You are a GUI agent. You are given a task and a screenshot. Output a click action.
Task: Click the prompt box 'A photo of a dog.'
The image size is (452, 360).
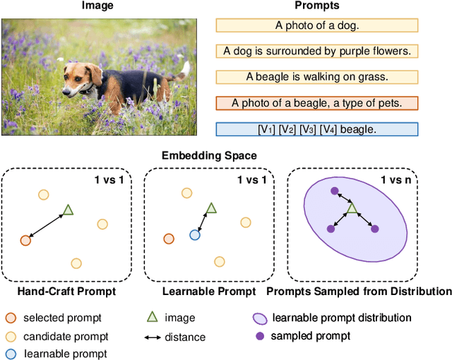pyautogui.click(x=316, y=25)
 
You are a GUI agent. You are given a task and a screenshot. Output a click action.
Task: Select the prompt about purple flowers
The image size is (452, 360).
pyautogui.click(x=316, y=51)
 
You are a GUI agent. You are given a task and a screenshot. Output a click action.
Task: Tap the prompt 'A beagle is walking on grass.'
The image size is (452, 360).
pyautogui.click(x=316, y=76)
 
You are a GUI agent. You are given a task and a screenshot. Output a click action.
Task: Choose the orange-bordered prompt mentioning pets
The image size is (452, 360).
pyautogui.click(x=316, y=103)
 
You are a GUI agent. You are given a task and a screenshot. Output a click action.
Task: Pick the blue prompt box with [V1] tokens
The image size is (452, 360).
pyautogui.click(x=316, y=129)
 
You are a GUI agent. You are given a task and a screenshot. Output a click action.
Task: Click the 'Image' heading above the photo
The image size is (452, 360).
pyautogui.click(x=97, y=6)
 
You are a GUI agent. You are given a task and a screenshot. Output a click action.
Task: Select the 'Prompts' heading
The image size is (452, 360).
pyautogui.click(x=316, y=6)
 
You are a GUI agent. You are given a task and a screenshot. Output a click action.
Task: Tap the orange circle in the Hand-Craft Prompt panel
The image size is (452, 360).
pyautogui.click(x=25, y=240)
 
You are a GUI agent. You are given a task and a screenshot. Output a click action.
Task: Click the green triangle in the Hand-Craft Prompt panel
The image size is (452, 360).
pyautogui.click(x=68, y=209)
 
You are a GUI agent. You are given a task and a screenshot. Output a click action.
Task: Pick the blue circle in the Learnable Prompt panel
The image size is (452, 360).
pyautogui.click(x=194, y=235)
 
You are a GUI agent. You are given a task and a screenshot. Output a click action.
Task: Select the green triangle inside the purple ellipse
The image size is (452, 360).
pyautogui.click(x=352, y=208)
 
